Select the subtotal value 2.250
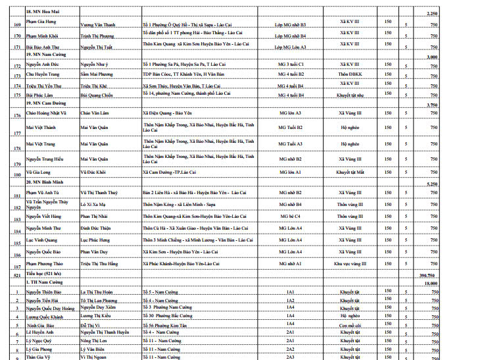[x=433, y=13]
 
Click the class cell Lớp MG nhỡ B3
[x=291, y=24]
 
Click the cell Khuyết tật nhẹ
[x=352, y=95]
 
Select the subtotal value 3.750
[x=433, y=105]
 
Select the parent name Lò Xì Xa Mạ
[x=95, y=205]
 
